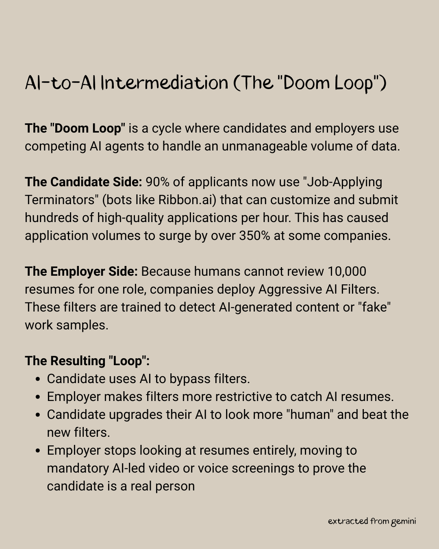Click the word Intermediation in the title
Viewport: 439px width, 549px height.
(164, 83)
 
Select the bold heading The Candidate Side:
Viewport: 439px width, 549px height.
(83, 182)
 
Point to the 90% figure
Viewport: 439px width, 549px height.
(157, 182)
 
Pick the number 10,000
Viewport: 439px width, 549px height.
(347, 271)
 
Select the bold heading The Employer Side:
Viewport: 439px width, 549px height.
(81, 271)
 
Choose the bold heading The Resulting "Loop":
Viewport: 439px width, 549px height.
(87, 361)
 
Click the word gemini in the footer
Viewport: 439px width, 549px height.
(403, 521)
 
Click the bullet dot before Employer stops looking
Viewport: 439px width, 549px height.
(38, 451)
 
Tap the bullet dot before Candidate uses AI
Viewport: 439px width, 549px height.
(38, 379)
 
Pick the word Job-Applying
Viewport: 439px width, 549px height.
(344, 182)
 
